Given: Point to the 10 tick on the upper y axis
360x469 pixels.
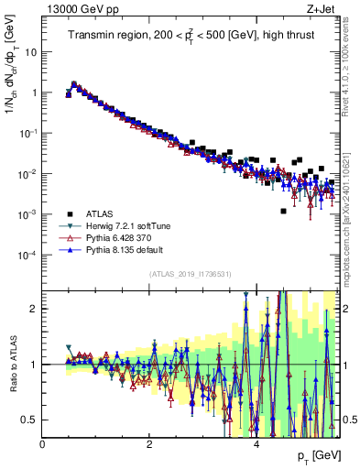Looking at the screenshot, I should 30,52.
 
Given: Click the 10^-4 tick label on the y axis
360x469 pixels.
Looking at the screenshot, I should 27,255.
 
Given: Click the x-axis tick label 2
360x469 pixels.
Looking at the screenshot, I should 149,444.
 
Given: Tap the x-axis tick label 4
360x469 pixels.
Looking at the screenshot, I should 256,444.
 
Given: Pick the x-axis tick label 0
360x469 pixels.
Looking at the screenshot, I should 42,444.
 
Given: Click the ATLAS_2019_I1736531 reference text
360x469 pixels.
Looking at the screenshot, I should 191,275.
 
